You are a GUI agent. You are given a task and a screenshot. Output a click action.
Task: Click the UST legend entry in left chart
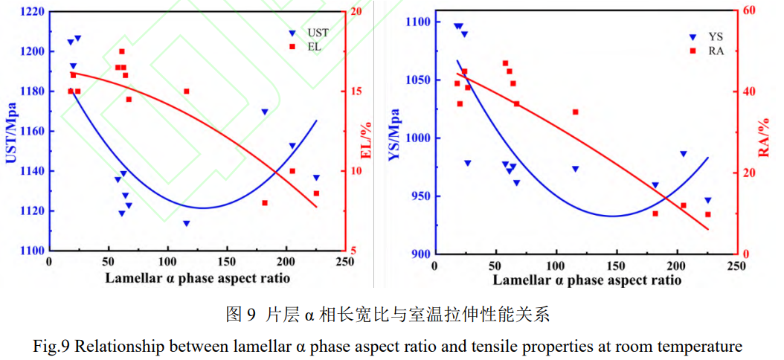[311, 33]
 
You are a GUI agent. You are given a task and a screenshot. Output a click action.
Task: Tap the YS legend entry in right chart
[707, 36]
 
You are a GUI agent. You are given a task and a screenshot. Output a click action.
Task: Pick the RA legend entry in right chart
[708, 51]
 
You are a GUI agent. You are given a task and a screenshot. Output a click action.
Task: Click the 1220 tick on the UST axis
[30, 12]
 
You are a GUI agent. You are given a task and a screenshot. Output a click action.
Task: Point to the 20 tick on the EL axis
[356, 12]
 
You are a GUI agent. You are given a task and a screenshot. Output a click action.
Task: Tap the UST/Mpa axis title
[11, 132]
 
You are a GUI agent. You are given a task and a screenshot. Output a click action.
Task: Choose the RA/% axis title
[763, 134]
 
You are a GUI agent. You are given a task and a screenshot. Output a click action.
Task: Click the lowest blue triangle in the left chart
[186, 223]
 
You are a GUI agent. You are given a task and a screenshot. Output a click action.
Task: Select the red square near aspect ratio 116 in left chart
[186, 91]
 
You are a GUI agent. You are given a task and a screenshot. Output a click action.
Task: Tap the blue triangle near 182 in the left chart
[264, 112]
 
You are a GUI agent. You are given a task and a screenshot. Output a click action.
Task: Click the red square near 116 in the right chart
[575, 112]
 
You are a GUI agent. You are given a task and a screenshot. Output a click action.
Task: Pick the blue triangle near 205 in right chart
[683, 154]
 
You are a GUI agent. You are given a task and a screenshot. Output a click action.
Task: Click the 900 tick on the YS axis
[421, 254]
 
